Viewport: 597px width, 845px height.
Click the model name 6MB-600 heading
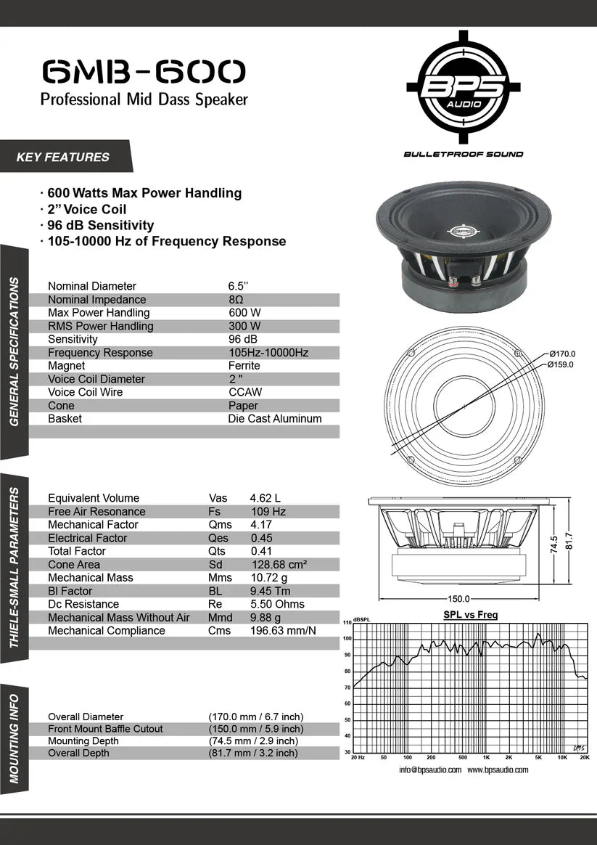point(144,71)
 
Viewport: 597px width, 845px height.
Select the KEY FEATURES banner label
point(63,157)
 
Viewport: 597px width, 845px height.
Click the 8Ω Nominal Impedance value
point(236,300)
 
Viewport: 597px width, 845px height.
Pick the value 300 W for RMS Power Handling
point(244,327)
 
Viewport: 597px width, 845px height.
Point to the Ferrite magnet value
point(244,366)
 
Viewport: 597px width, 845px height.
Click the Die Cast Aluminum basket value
point(274,419)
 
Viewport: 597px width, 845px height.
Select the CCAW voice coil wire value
point(245,393)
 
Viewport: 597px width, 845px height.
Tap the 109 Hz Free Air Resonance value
point(268,512)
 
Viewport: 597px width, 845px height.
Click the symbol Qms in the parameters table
point(220,525)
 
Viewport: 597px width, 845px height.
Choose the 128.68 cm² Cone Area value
point(279,565)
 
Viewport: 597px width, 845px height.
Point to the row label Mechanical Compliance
point(106,631)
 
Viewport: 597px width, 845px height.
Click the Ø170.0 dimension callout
point(561,354)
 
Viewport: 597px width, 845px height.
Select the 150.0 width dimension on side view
point(458,599)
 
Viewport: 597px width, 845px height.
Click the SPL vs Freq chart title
point(470,615)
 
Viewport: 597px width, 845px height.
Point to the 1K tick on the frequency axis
point(485,757)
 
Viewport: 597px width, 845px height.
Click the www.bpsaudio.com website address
point(498,770)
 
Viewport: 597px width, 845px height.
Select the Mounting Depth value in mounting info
point(253,741)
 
